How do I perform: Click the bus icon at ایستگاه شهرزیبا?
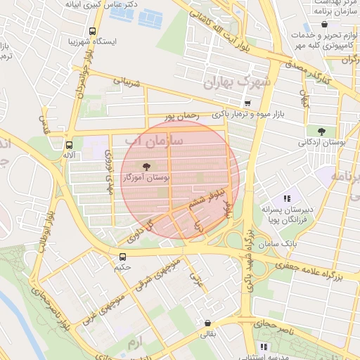92,32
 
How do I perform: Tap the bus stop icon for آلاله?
68,141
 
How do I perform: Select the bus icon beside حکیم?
123,257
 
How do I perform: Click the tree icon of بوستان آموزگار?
146,167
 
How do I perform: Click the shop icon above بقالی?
207,323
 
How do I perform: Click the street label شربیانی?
127,83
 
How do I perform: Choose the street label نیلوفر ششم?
207,197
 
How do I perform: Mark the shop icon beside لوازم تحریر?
324,25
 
